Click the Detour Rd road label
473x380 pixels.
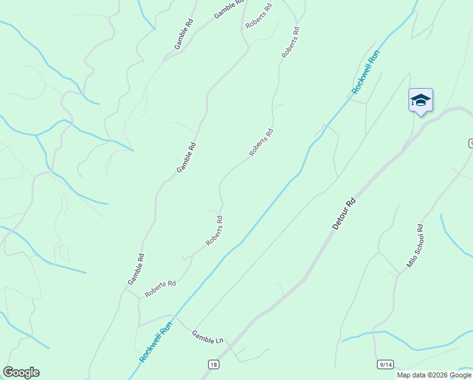[x=345, y=213]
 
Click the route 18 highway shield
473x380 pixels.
[x=214, y=364]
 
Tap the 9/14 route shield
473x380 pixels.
[x=385, y=364]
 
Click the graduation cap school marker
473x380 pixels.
[x=421, y=100]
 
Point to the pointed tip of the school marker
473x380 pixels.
[x=421, y=116]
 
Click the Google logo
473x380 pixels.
[x=21, y=372]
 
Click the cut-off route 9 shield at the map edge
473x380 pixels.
[x=470, y=144]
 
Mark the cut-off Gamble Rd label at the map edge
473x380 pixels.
[x=229, y=8]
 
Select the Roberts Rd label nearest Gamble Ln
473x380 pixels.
[x=161, y=289]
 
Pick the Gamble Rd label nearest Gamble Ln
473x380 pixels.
[x=136, y=268]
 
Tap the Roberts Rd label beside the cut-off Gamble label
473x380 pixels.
[x=259, y=15]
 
